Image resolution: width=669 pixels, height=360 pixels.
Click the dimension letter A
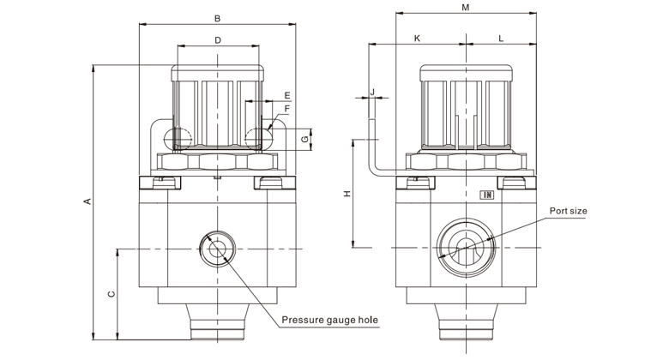point(86,202)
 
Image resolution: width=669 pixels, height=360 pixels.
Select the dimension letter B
point(217,18)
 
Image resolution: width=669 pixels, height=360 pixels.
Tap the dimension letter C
point(111,294)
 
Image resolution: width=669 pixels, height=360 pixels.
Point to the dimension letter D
point(217,40)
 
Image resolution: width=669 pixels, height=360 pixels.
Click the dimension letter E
point(286,94)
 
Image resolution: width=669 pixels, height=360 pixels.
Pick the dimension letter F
point(286,109)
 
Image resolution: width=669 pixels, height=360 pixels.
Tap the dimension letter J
point(373,91)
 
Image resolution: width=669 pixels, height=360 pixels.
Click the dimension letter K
point(417,39)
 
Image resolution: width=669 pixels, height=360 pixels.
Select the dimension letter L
point(500,39)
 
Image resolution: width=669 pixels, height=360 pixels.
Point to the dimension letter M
point(465,8)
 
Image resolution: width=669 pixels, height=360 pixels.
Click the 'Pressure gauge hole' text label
point(329,321)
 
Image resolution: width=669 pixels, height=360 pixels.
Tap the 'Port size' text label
point(568,209)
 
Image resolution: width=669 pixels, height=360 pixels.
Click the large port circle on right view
point(464,248)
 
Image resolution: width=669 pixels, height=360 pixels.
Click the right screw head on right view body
point(515,180)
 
